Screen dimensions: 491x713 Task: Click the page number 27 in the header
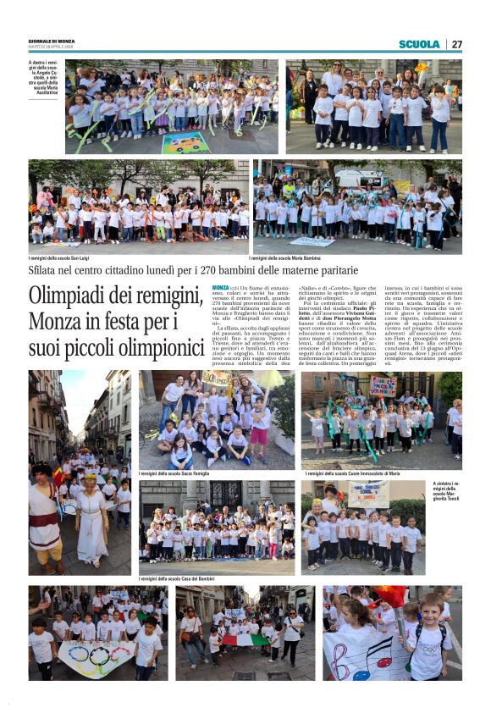[x=456, y=44]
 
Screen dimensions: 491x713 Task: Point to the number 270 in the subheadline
[x=210, y=271]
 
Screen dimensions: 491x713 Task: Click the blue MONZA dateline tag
[x=219, y=288]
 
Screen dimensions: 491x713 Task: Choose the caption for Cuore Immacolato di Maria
[x=350, y=474]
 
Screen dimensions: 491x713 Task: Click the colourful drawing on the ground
[x=185, y=141]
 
